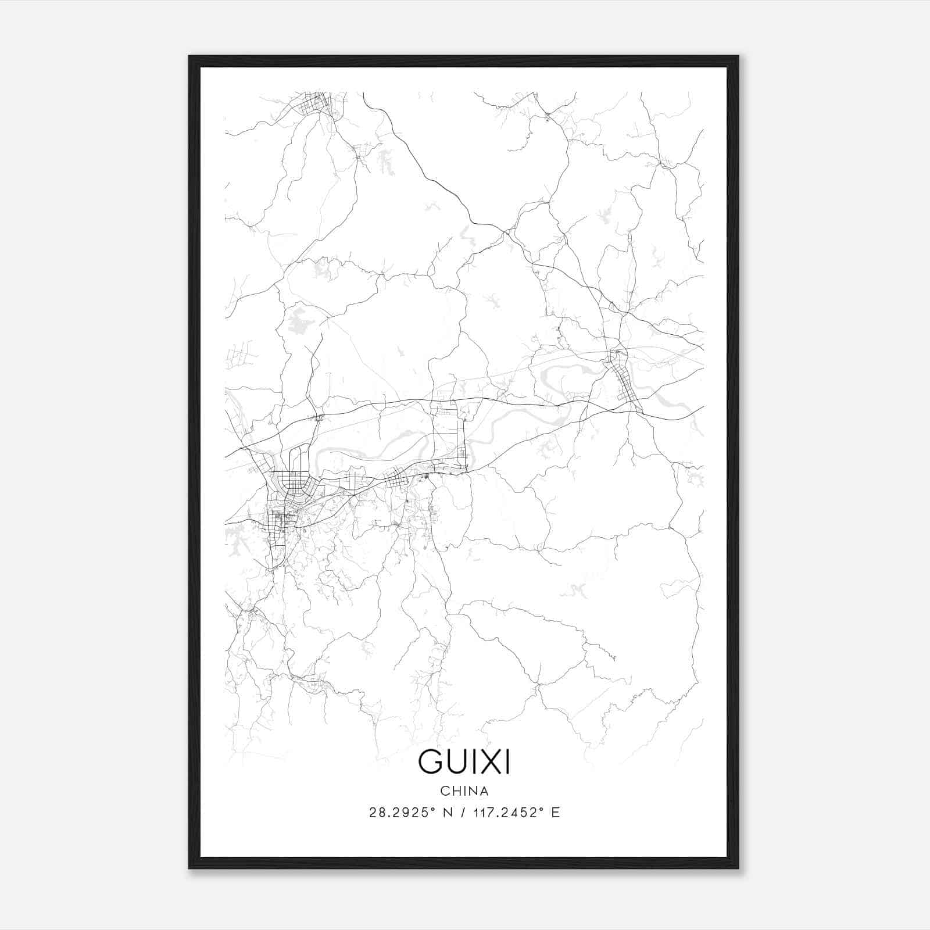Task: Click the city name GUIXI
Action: point(464,762)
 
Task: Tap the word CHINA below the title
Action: point(464,791)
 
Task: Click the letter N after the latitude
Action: point(447,813)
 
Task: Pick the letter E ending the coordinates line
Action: point(556,813)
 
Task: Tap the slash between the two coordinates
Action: point(463,813)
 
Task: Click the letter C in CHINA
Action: point(443,791)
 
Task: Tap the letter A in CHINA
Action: point(485,791)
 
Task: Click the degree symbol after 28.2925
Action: point(433,809)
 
